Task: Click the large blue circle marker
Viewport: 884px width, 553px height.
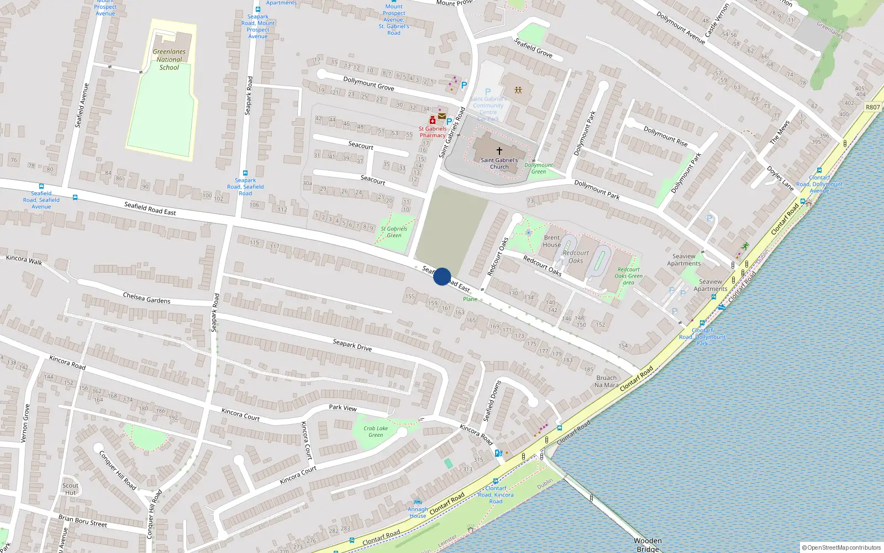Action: pyautogui.click(x=442, y=276)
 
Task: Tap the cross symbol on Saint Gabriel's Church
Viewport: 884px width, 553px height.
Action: pyautogui.click(x=499, y=150)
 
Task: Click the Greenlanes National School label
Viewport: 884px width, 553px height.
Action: pyautogui.click(x=169, y=60)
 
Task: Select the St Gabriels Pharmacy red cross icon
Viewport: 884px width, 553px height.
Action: pyautogui.click(x=433, y=121)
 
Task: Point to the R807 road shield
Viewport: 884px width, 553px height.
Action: pyautogui.click(x=872, y=107)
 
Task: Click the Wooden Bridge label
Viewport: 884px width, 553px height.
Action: pyautogui.click(x=648, y=545)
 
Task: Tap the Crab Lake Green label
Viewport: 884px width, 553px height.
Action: pyautogui.click(x=376, y=431)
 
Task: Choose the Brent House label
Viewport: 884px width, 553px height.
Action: pyautogui.click(x=551, y=241)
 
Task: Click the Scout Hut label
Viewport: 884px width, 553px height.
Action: pyautogui.click(x=70, y=489)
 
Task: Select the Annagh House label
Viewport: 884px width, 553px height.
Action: pyautogui.click(x=418, y=513)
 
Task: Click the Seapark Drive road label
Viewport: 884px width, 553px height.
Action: pyautogui.click(x=352, y=345)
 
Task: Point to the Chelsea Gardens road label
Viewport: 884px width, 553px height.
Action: pyautogui.click(x=146, y=298)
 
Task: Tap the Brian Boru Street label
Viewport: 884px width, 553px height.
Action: pyautogui.click(x=83, y=521)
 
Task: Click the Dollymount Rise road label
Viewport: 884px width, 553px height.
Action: pyautogui.click(x=665, y=136)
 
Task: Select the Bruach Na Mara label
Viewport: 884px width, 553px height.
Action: pyautogui.click(x=606, y=382)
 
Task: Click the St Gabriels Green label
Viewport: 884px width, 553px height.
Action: pyautogui.click(x=394, y=232)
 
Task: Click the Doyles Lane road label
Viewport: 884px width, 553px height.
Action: pyautogui.click(x=780, y=178)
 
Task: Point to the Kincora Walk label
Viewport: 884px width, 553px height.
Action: pyautogui.click(x=24, y=259)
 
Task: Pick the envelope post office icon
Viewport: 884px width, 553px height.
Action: pyautogui.click(x=442, y=116)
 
